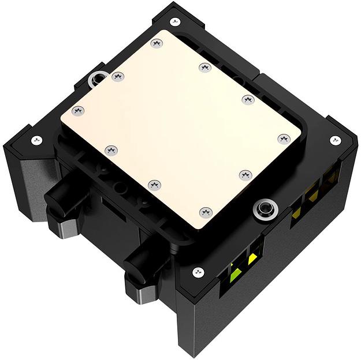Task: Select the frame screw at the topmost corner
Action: (x=176, y=21)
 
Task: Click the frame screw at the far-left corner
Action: (x=36, y=139)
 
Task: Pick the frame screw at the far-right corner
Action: (x=335, y=140)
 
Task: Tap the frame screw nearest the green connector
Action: (x=198, y=271)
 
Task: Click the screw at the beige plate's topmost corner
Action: (x=155, y=43)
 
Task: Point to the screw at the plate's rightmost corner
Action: (x=283, y=138)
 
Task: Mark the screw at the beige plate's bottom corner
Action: (x=205, y=212)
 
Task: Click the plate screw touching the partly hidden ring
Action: (x=118, y=76)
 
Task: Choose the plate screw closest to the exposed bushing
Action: (x=245, y=174)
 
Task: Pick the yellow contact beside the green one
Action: (x=252, y=260)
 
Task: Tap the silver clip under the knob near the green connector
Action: (x=142, y=295)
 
